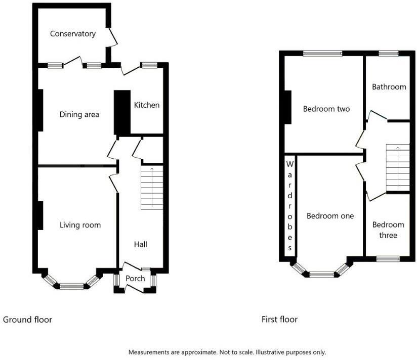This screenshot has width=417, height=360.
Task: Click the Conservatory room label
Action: (73, 34)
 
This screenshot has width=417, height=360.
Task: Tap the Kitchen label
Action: (147, 105)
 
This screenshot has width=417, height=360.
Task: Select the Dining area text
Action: (79, 115)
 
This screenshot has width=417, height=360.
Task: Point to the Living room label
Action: (80, 225)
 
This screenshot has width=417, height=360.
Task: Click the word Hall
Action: (141, 244)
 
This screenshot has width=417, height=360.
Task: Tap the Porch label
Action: (135, 279)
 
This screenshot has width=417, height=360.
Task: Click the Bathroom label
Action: (389, 87)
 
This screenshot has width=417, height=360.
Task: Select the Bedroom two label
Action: (326, 109)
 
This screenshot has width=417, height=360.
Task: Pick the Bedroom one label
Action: (330, 216)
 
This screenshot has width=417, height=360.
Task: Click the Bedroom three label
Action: (388, 230)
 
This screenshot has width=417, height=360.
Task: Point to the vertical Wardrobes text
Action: (290, 206)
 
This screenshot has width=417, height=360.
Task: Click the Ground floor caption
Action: (27, 320)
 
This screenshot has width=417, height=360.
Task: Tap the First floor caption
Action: (279, 320)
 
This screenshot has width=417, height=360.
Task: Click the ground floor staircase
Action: (152, 188)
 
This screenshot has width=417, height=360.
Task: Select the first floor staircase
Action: (397, 168)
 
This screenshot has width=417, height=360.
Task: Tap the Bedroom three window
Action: (388, 259)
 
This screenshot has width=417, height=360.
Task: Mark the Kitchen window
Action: (149, 65)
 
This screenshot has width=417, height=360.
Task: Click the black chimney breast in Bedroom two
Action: (287, 107)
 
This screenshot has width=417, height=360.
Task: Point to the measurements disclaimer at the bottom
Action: (227, 352)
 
